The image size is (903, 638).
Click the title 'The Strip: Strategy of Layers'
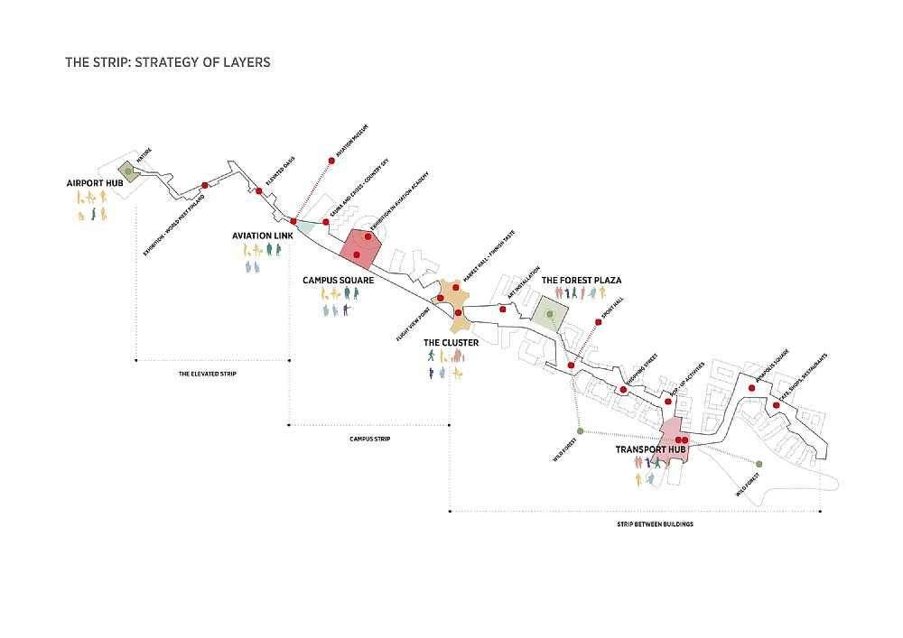pos(167,63)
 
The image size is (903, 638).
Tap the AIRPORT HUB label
pos(94,183)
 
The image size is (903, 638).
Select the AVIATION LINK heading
pos(262,236)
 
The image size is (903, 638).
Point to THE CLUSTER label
pos(451,343)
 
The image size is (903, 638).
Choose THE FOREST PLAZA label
pos(581,281)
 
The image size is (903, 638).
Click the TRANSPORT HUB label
pos(652,449)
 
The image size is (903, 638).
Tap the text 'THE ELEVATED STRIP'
pos(207,374)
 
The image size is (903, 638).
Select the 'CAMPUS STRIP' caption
pos(369,439)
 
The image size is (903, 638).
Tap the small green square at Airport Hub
pos(129,171)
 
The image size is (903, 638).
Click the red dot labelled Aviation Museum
pos(331,162)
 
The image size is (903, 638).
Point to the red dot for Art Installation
pos(502,310)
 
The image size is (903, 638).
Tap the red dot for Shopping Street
pos(623,390)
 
